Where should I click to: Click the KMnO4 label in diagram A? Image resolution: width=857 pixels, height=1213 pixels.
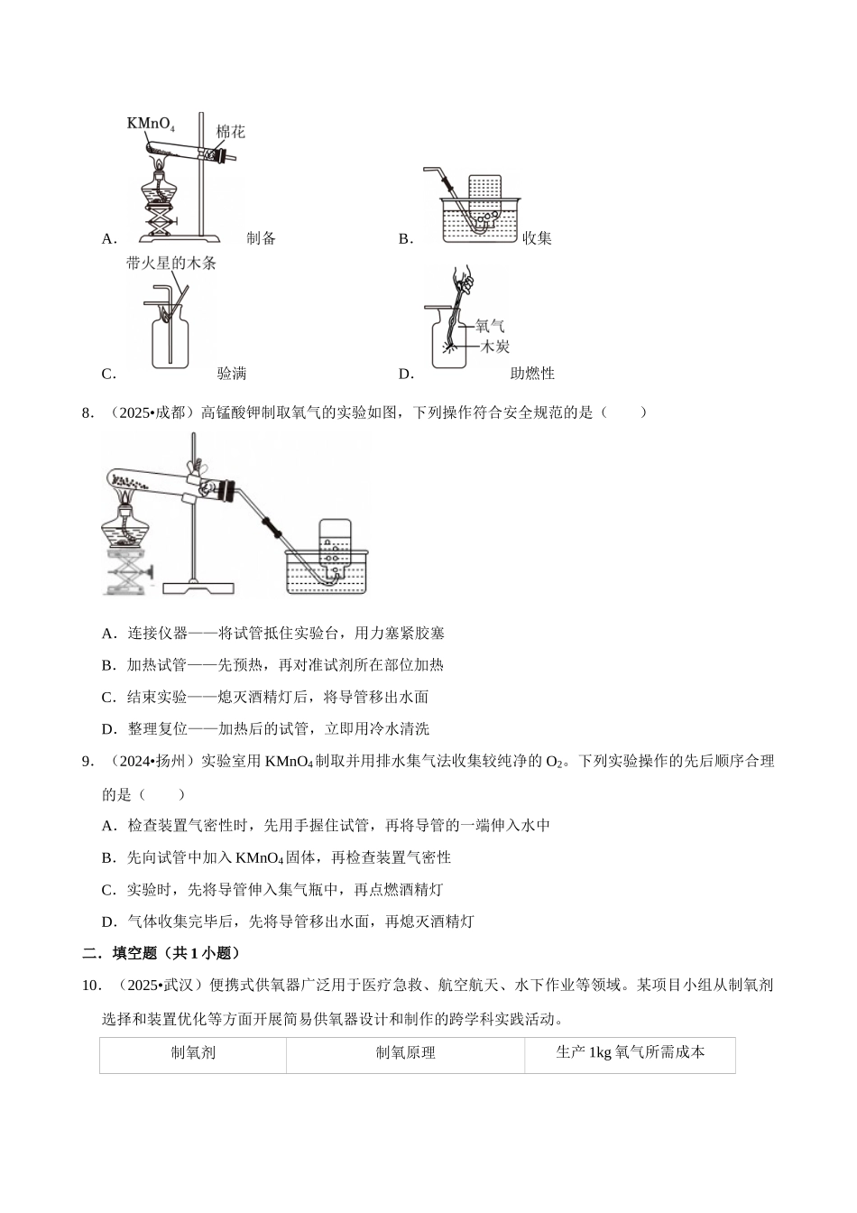click(151, 123)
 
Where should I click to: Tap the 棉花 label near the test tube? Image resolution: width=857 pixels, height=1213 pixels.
click(230, 132)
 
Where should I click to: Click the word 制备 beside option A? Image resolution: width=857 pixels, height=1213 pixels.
click(261, 238)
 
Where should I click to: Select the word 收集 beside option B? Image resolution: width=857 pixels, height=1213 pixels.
click(537, 238)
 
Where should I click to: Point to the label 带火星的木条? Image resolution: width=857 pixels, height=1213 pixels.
click(171, 264)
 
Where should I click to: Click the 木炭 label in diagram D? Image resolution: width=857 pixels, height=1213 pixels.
click(494, 346)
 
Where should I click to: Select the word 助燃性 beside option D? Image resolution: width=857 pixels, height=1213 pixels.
click(532, 374)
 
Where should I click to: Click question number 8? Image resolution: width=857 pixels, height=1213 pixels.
click(88, 413)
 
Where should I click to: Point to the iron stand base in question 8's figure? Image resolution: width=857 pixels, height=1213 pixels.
click(194, 587)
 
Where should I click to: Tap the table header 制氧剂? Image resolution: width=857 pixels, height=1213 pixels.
click(193, 1052)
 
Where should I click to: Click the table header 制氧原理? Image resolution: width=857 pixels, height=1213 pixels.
click(405, 1052)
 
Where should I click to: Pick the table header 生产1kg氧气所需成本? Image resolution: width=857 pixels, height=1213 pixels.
click(630, 1052)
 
